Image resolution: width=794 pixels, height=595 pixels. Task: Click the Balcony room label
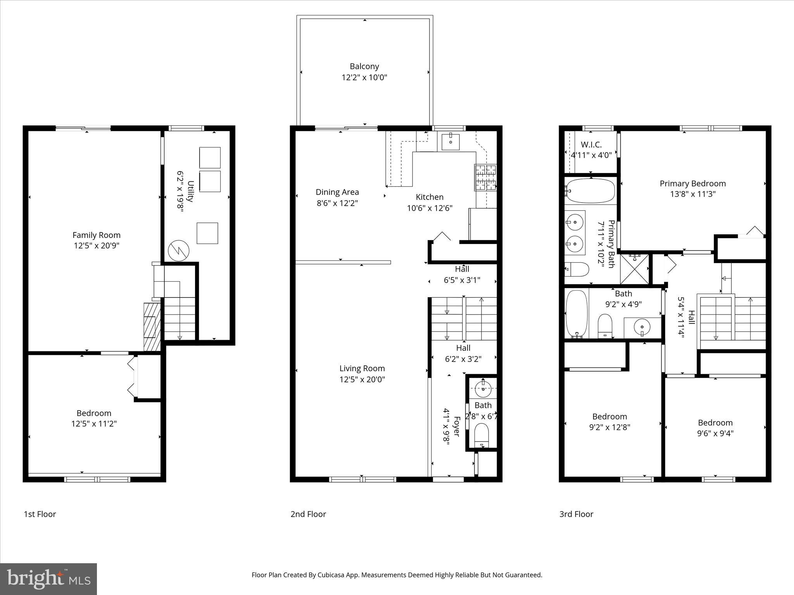pyautogui.click(x=364, y=67)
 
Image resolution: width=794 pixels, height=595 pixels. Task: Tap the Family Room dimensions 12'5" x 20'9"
pyautogui.click(x=96, y=246)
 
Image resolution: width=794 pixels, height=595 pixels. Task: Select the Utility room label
pyautogui.click(x=190, y=191)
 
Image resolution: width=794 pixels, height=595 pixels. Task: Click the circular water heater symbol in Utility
pyautogui.click(x=178, y=251)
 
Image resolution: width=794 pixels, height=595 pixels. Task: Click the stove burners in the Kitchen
pyautogui.click(x=485, y=177)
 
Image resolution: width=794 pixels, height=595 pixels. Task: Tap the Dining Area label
pyautogui.click(x=337, y=192)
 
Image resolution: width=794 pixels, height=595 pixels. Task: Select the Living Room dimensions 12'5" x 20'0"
pyautogui.click(x=362, y=379)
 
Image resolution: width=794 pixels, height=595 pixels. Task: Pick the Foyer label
pyautogui.click(x=456, y=426)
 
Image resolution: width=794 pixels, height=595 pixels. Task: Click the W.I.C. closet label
pyautogui.click(x=591, y=145)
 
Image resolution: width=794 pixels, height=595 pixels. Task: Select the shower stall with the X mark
pyautogui.click(x=635, y=269)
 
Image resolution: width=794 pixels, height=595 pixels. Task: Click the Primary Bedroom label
pyautogui.click(x=692, y=184)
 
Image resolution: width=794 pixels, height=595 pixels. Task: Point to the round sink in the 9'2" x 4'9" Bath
pyautogui.click(x=642, y=327)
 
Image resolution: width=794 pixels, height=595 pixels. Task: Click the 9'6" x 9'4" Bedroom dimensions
pyautogui.click(x=715, y=433)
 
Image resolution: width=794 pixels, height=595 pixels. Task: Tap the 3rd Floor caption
pyautogui.click(x=576, y=514)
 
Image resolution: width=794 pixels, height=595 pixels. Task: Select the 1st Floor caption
pyautogui.click(x=40, y=514)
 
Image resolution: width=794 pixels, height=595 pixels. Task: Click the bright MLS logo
pyautogui.click(x=48, y=579)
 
